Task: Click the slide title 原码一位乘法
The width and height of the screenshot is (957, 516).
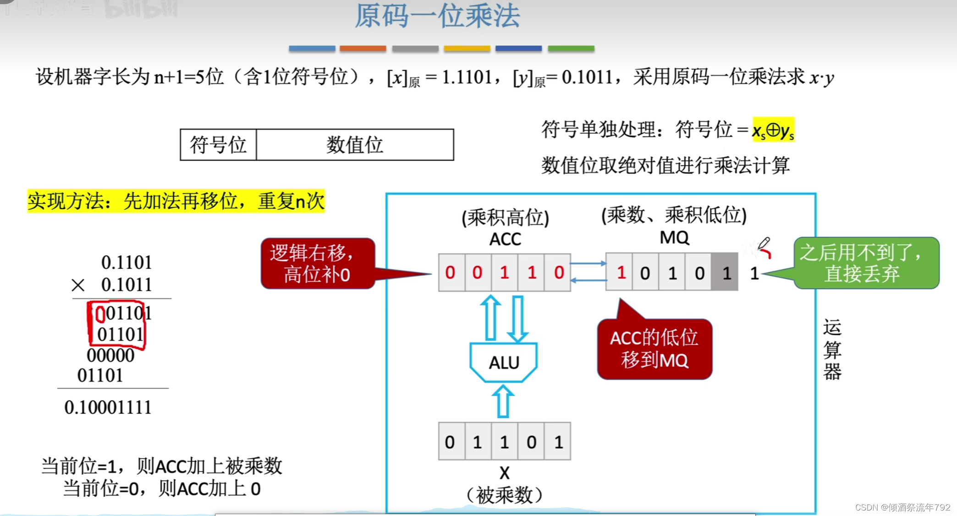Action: (x=437, y=17)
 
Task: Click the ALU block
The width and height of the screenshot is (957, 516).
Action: (x=504, y=362)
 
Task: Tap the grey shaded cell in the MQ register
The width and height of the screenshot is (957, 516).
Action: (x=725, y=273)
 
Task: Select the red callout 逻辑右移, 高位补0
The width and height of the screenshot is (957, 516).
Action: (x=318, y=264)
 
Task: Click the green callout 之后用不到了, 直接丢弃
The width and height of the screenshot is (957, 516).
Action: (x=865, y=263)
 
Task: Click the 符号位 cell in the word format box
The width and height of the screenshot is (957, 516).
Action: (x=218, y=145)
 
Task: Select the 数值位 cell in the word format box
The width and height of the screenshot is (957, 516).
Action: (x=355, y=145)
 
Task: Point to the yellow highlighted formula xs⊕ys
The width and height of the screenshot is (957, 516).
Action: (x=773, y=130)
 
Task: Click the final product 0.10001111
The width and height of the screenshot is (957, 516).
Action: (x=108, y=407)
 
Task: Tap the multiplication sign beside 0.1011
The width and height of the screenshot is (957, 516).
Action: (x=78, y=285)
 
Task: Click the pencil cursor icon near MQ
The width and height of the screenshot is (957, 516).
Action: (x=764, y=244)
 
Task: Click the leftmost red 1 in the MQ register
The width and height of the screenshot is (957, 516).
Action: (x=621, y=273)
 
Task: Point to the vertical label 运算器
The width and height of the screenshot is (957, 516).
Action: (x=832, y=350)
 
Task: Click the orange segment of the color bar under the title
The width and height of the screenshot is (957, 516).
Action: (x=363, y=49)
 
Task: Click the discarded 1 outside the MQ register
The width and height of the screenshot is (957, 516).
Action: (x=754, y=273)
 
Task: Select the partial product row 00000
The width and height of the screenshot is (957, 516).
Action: (x=110, y=355)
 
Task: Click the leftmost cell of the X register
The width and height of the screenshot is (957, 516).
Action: (x=450, y=442)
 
